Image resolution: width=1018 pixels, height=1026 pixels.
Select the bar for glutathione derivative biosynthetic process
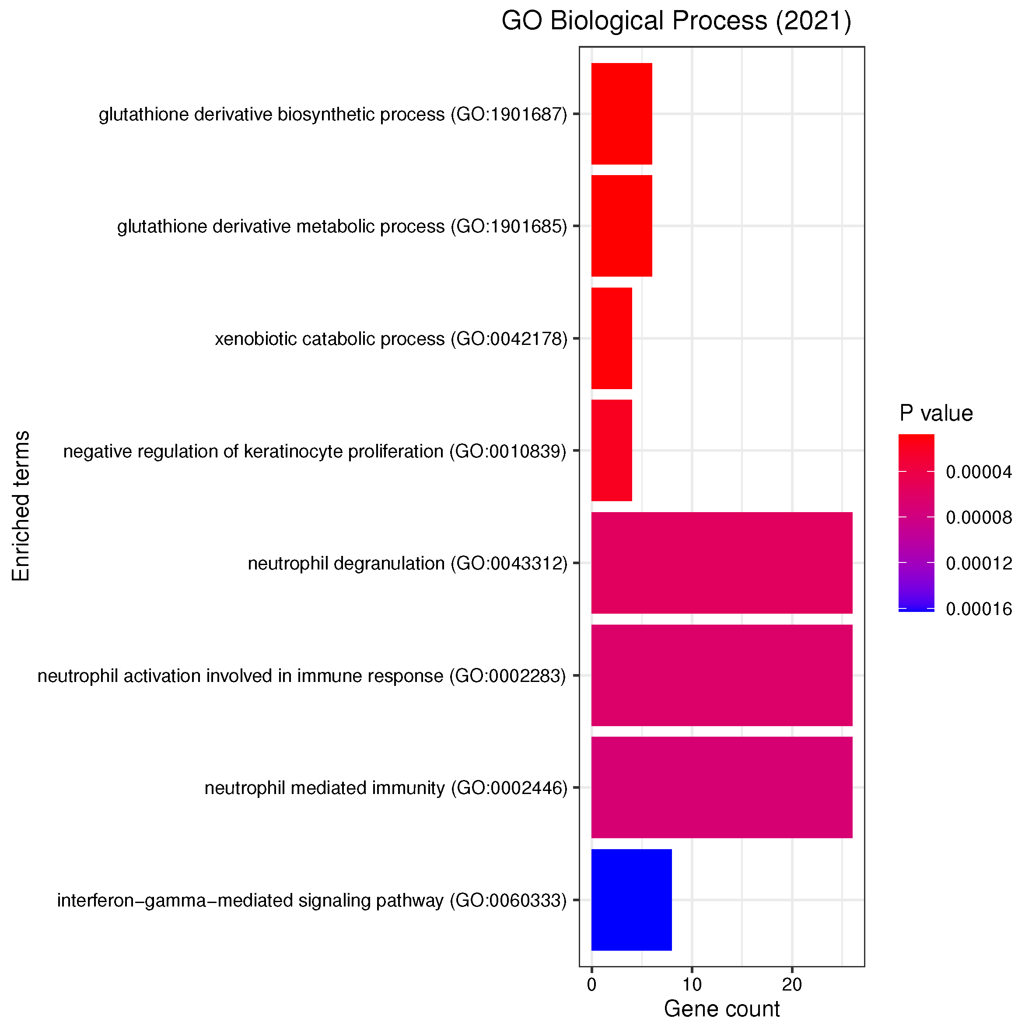click(621, 114)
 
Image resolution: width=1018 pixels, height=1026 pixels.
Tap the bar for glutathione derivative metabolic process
click(621, 226)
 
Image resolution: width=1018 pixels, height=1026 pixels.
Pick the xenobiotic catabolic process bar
click(612, 338)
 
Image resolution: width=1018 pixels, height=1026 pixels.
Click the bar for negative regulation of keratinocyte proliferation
click(612, 450)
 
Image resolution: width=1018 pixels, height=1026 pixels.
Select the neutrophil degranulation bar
click(721, 563)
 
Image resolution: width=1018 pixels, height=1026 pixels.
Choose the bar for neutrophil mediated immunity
click(721, 787)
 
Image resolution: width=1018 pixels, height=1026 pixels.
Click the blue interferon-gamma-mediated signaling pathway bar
click(631, 900)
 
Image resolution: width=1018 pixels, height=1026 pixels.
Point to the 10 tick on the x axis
click(692, 984)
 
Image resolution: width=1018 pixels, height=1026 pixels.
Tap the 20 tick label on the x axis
click(791, 984)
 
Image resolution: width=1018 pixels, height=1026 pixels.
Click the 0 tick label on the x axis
click(591, 984)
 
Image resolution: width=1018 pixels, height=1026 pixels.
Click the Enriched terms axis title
click(21, 506)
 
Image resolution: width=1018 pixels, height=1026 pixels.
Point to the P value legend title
click(936, 413)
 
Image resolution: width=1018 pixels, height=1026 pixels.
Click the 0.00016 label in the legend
click(978, 608)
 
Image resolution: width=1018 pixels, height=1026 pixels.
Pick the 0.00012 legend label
click(978, 563)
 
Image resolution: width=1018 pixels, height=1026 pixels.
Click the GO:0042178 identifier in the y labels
click(508, 339)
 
